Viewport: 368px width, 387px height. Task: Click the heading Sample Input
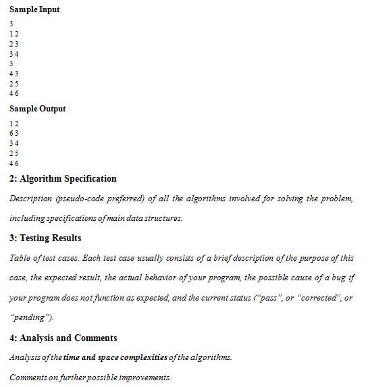pyautogui.click(x=34, y=10)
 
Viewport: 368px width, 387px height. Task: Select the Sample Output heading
pyautogui.click(x=38, y=109)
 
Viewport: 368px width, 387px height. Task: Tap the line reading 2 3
pyautogui.click(x=14, y=43)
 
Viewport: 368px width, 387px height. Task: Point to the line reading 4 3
pyautogui.click(x=14, y=74)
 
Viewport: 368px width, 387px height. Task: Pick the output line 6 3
pyautogui.click(x=14, y=133)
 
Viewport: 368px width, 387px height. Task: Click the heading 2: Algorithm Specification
pyautogui.click(x=63, y=179)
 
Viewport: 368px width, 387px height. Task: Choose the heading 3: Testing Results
pyautogui.click(x=45, y=238)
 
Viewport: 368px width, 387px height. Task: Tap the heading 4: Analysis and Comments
pyautogui.click(x=63, y=338)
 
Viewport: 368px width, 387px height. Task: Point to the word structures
pyautogui.click(x=165, y=218)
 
